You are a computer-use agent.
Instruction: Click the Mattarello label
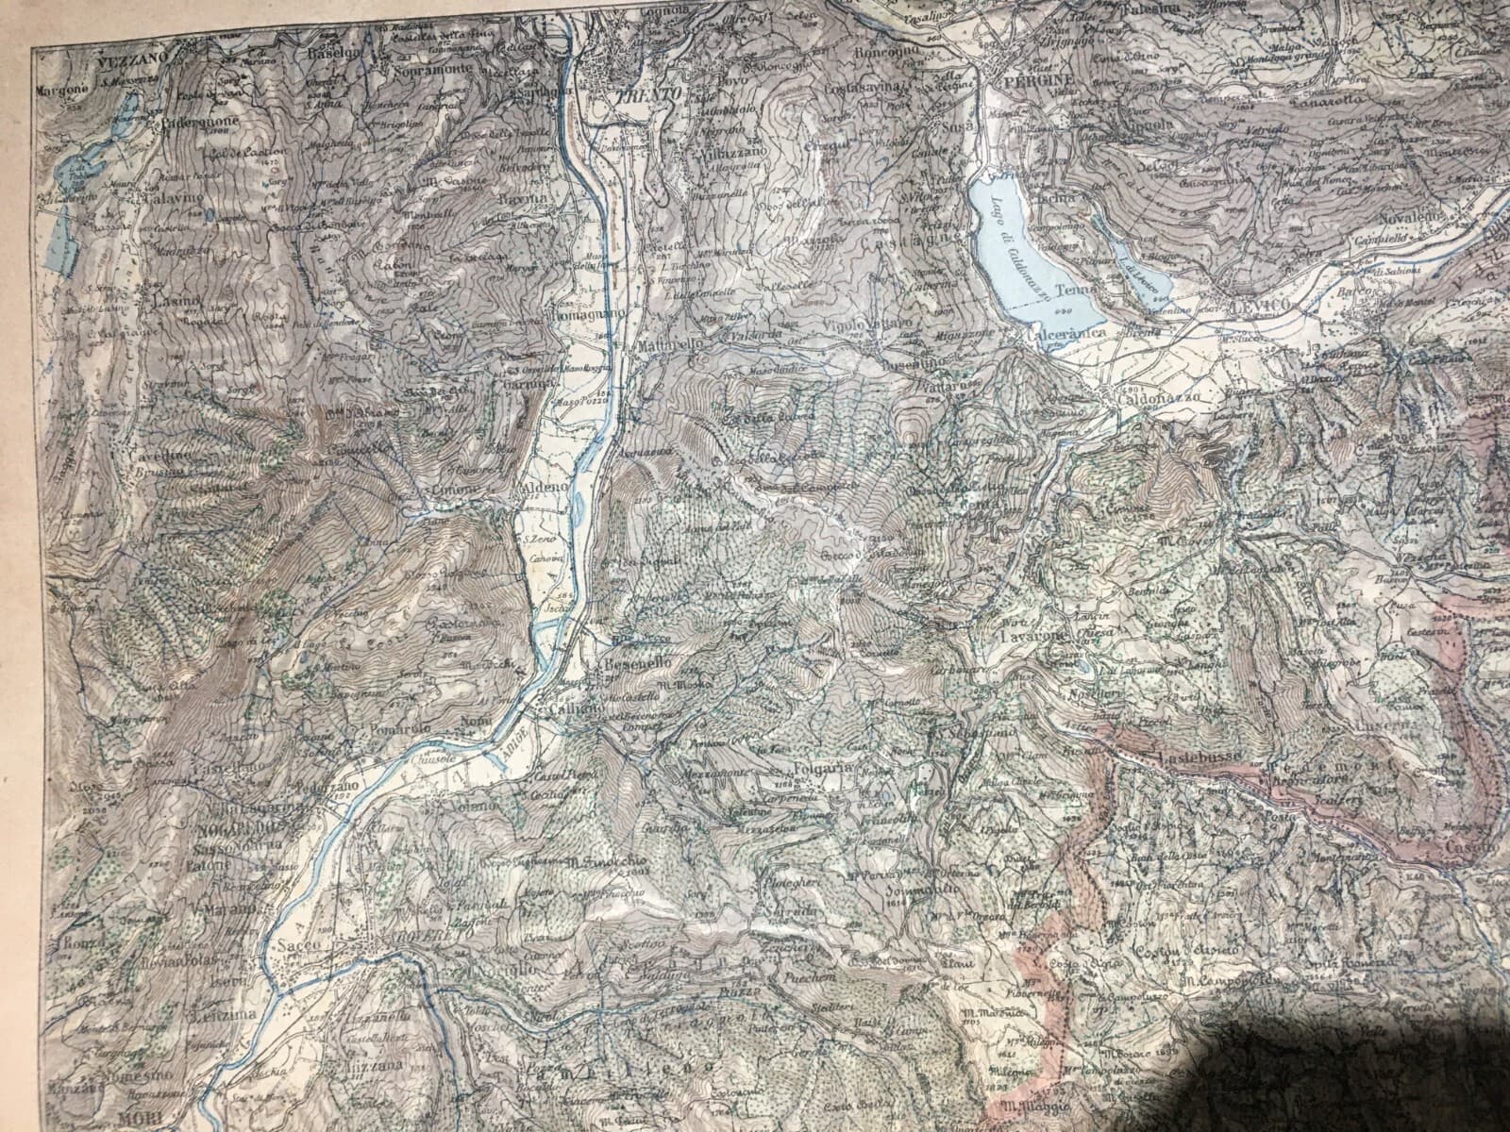(671, 346)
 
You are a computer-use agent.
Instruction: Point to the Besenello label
(630, 664)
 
